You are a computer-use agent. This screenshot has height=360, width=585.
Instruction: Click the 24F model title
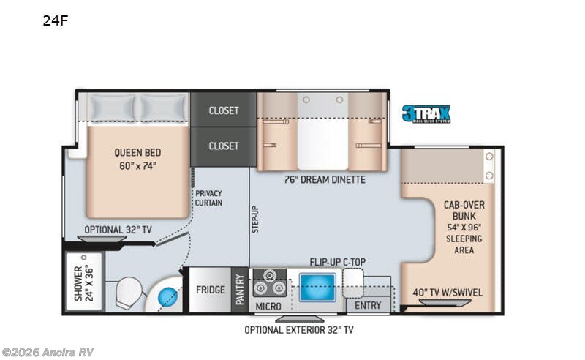coord(55,20)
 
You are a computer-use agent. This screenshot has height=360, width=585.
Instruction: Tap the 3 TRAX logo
coord(426,114)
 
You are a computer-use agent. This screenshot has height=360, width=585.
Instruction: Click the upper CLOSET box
coord(223,110)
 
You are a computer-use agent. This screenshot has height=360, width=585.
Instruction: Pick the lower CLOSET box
coord(223,146)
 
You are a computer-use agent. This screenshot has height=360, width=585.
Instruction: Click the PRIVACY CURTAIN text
coord(208,198)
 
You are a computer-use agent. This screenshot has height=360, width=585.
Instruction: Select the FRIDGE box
coord(210,289)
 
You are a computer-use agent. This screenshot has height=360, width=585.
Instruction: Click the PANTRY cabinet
coord(240,289)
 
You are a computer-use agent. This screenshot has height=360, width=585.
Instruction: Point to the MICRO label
coord(269,306)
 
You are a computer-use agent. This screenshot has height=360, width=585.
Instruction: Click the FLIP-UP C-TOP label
coord(338,260)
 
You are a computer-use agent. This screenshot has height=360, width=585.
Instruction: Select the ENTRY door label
coord(368,305)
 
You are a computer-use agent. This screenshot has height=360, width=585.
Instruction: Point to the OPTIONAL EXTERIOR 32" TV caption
coord(300,330)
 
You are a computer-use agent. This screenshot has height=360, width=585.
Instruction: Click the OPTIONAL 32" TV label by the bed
coord(118,230)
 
